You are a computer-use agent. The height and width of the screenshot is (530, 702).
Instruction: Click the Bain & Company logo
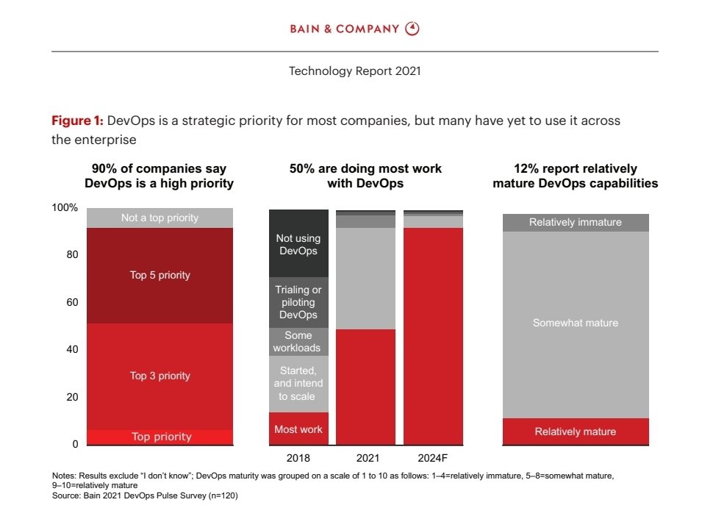click(354, 29)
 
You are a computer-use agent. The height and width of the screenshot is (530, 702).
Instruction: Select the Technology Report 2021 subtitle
click(354, 71)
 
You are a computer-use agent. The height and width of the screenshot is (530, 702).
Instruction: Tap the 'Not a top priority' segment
click(160, 218)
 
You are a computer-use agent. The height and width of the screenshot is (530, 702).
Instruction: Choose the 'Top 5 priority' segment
click(160, 276)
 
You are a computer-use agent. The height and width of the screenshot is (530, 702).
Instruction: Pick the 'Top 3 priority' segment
click(160, 376)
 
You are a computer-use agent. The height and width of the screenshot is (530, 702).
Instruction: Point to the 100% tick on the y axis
click(65, 208)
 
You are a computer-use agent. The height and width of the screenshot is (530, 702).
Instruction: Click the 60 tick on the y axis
click(69, 302)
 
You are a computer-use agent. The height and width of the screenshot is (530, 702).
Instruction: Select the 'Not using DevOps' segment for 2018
click(298, 245)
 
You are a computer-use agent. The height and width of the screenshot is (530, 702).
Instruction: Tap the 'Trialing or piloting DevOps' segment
click(298, 302)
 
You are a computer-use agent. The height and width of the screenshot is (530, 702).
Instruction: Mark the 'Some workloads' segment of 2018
click(298, 342)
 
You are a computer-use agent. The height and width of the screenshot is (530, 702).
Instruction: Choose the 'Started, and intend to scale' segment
click(298, 384)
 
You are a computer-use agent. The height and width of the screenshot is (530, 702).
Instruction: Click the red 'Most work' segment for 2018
click(298, 429)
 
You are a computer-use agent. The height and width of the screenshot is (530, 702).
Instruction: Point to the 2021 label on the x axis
click(365, 457)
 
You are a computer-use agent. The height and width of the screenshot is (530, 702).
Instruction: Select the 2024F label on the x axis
click(433, 457)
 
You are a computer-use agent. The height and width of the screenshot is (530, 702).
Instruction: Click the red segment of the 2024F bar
click(433, 336)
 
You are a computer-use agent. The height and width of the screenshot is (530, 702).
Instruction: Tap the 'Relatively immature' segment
click(576, 223)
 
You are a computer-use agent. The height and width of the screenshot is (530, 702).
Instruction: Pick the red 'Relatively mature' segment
click(576, 431)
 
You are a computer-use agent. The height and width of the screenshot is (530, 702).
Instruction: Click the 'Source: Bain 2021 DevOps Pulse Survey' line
click(146, 496)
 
